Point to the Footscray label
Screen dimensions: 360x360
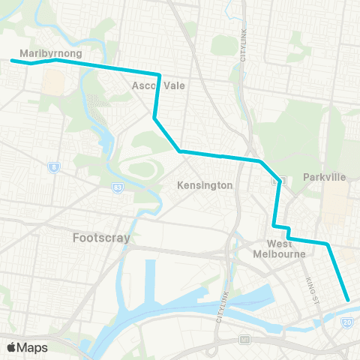(x=102, y=238)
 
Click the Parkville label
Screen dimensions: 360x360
(x=325, y=177)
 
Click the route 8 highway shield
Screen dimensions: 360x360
(x=53, y=167)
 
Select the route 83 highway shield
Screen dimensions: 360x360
(x=118, y=187)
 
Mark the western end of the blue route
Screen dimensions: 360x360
(x=12, y=60)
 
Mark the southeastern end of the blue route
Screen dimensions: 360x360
(x=348, y=300)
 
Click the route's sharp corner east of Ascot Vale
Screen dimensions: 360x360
(x=159, y=74)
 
